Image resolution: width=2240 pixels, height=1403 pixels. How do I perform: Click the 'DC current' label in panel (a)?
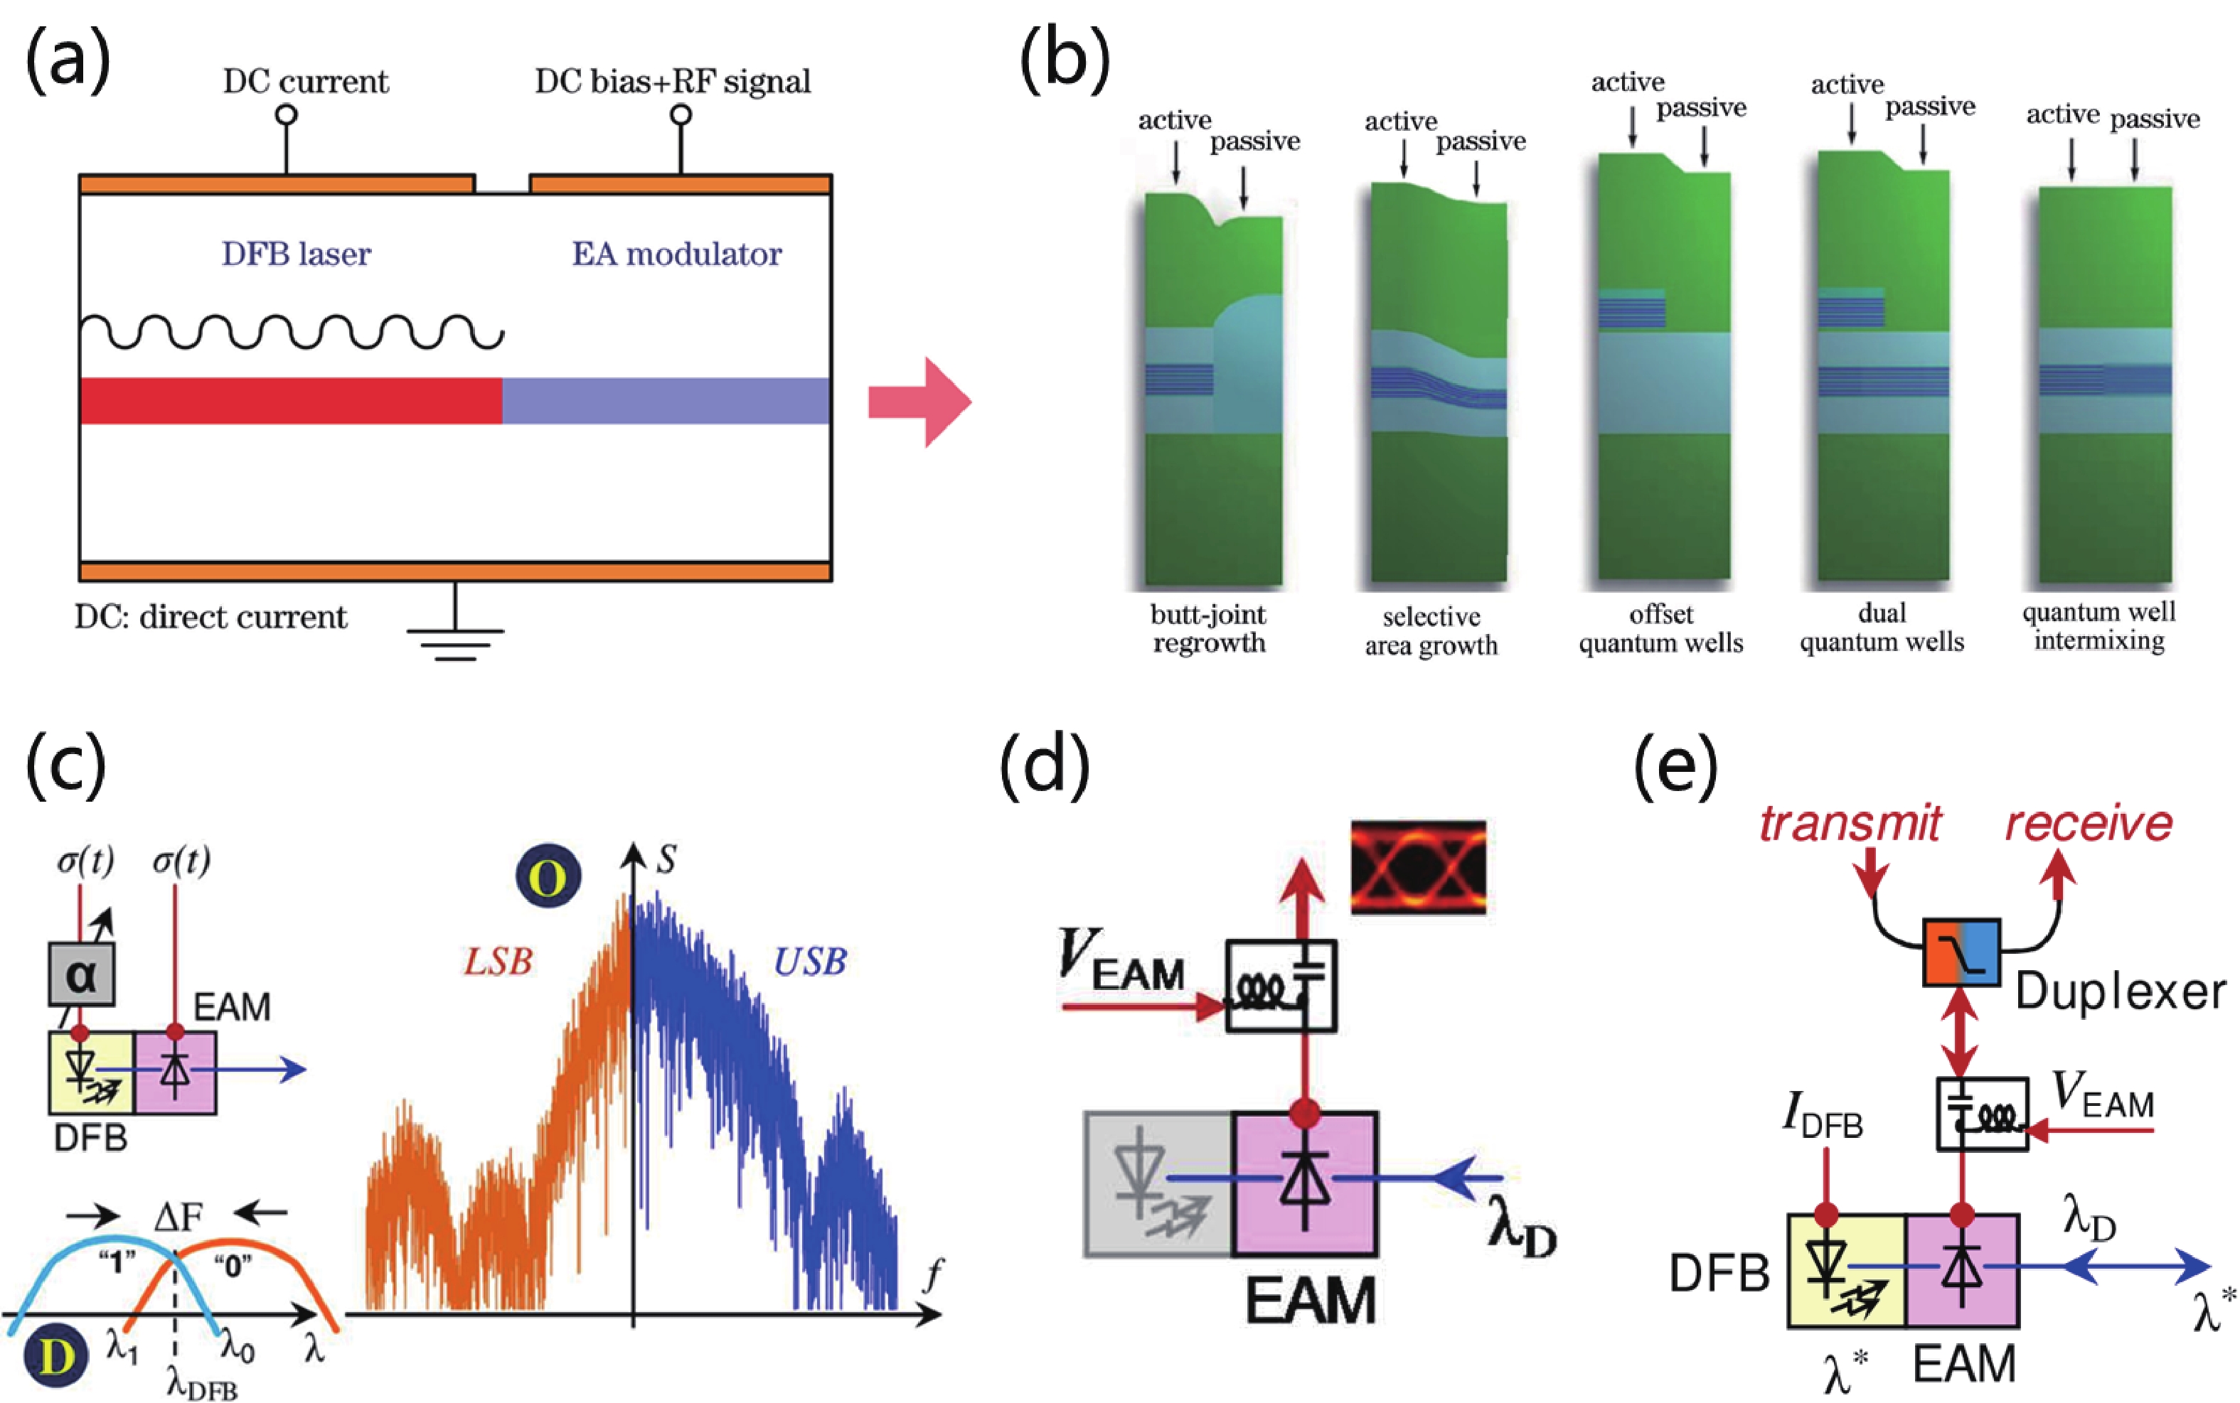coord(305,82)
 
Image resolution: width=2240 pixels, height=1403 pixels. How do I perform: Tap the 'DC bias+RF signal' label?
coord(672,82)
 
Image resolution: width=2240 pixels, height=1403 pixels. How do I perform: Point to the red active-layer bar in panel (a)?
coord(291,401)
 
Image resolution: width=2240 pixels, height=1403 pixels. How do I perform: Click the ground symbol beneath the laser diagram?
coord(455,640)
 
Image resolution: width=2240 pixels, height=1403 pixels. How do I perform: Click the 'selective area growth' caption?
coord(1431,631)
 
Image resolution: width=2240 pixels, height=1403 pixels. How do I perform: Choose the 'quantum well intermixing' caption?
coord(2099,626)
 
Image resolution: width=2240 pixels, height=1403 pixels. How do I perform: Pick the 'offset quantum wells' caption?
coord(1660,629)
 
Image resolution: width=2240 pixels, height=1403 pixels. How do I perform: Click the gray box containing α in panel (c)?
coord(82,974)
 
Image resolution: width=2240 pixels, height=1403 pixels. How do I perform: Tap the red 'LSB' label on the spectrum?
coord(498,962)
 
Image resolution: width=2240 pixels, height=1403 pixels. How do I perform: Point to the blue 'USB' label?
coord(809,962)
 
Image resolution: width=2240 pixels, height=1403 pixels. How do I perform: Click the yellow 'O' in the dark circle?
coord(549,876)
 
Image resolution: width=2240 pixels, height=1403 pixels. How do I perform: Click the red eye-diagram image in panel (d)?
coord(1417,866)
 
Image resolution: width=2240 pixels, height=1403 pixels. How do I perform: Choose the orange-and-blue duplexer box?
coord(1961,953)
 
